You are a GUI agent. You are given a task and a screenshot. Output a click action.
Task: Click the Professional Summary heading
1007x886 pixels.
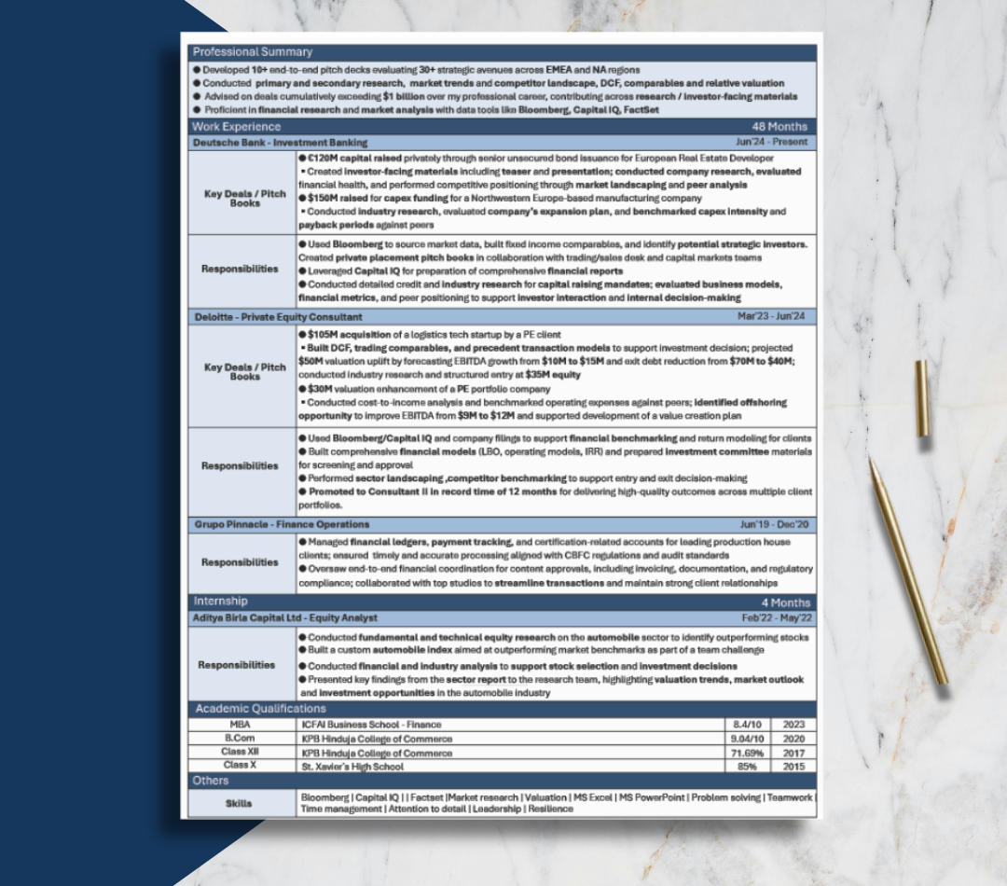pyautogui.click(x=253, y=52)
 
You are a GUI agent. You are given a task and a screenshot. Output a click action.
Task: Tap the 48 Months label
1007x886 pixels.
pyautogui.click(x=779, y=127)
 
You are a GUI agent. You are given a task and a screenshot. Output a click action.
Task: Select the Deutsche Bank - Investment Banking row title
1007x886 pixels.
pyautogui.click(x=280, y=143)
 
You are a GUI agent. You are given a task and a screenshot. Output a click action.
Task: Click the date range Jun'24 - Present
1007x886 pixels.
pyautogui.click(x=774, y=143)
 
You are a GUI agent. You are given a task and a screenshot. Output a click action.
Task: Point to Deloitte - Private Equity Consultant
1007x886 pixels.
pyautogui.click(x=277, y=316)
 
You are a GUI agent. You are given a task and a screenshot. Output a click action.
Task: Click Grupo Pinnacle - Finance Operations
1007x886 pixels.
pyautogui.click(x=281, y=524)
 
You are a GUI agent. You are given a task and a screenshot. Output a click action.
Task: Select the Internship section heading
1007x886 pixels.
pyautogui.click(x=220, y=602)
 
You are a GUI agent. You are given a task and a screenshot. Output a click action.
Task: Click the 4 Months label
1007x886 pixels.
pyautogui.click(x=783, y=602)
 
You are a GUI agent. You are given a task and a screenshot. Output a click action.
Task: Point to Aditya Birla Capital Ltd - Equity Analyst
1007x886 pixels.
pyautogui.click(x=285, y=617)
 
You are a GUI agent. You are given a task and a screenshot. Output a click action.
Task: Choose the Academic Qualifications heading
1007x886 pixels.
pyautogui.click(x=260, y=709)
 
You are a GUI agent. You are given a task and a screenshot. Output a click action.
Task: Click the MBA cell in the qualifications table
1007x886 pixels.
pyautogui.click(x=240, y=724)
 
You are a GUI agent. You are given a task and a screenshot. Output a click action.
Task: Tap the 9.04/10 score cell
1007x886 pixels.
pyautogui.click(x=747, y=738)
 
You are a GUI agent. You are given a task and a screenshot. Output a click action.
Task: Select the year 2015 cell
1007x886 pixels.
pyautogui.click(x=793, y=767)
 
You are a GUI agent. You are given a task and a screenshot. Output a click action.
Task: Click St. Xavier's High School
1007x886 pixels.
pyautogui.click(x=352, y=767)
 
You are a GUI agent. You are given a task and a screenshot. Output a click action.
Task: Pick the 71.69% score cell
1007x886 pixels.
pyautogui.click(x=747, y=753)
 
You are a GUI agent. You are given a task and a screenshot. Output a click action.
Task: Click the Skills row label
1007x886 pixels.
pyautogui.click(x=239, y=803)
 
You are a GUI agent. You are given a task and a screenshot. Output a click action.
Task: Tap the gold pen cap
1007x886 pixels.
pyautogui.click(x=921, y=398)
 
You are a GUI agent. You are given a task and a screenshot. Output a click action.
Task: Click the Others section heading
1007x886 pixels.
pyautogui.click(x=211, y=781)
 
